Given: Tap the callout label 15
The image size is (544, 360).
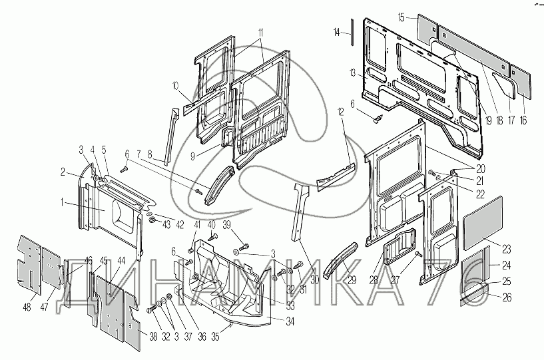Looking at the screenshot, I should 401,17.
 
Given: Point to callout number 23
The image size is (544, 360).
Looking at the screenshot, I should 507,250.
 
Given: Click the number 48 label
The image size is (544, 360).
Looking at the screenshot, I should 27,307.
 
